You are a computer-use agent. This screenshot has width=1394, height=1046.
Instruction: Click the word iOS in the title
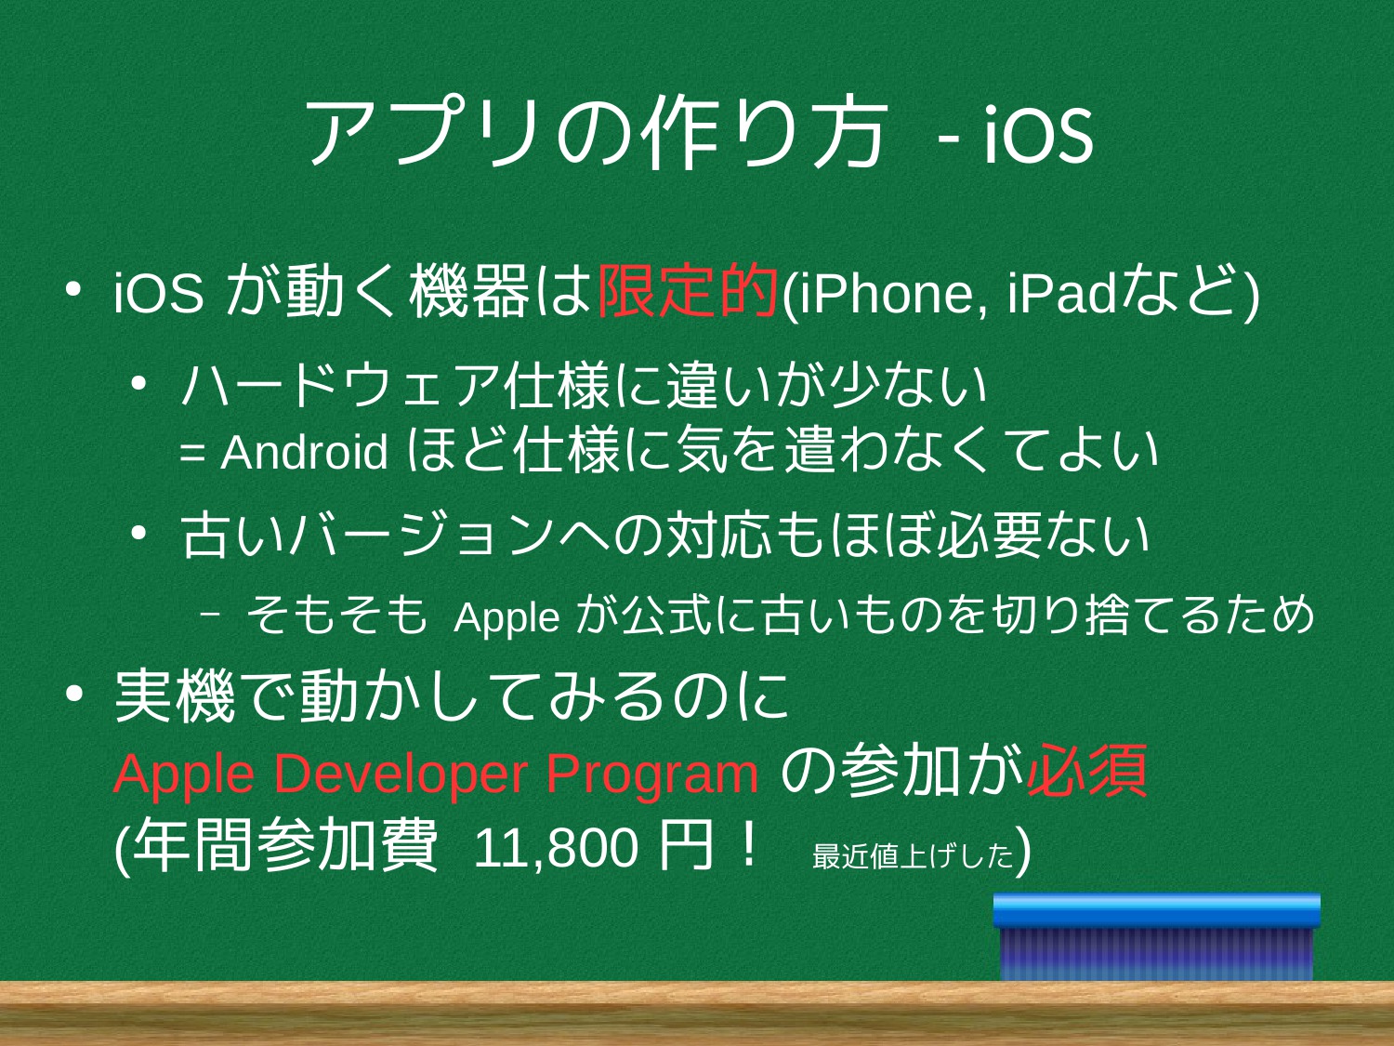(1038, 134)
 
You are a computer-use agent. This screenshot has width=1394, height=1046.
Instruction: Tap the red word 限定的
(688, 291)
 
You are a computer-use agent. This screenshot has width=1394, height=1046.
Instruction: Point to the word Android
(304, 452)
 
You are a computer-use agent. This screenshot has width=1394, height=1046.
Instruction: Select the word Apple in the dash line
(506, 617)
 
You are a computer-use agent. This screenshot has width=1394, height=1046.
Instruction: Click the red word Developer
(401, 773)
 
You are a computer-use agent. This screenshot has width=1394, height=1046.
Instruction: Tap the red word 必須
(1086, 771)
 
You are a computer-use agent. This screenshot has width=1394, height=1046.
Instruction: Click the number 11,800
(556, 849)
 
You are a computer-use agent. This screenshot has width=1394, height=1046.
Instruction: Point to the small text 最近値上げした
(914, 855)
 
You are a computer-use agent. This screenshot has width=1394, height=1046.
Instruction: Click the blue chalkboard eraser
(1156, 937)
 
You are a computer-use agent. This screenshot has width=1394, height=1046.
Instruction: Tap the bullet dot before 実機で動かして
(73, 695)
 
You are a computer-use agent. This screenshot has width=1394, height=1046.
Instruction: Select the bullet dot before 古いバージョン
(138, 534)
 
